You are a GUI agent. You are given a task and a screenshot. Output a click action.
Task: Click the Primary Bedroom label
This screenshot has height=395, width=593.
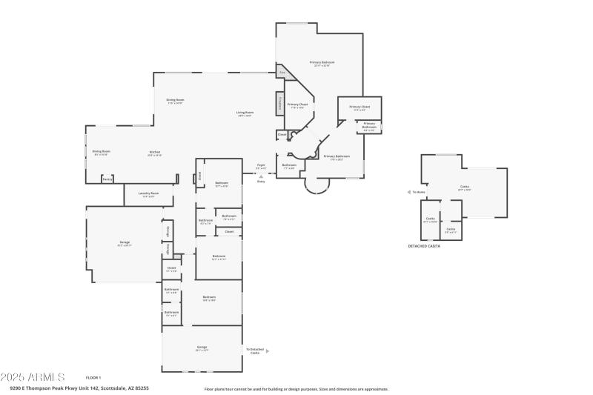click(322, 63)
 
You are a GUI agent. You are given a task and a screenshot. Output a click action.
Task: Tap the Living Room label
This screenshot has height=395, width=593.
click(245, 113)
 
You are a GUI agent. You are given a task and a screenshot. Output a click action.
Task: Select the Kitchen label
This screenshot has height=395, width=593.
click(154, 153)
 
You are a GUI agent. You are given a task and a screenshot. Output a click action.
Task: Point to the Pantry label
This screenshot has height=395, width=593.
click(107, 179)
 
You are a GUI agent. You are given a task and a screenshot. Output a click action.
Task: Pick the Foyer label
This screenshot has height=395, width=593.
click(261, 166)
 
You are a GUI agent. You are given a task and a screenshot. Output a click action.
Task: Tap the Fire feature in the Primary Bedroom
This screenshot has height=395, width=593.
click(282, 72)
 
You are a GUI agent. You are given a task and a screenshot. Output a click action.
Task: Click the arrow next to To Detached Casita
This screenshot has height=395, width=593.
click(268, 351)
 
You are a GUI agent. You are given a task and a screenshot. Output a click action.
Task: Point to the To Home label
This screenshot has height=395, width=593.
click(420, 192)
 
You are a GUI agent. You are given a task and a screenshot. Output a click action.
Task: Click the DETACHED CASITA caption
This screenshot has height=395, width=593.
click(424, 246)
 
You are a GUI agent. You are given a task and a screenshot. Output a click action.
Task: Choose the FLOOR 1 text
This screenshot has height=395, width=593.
click(93, 378)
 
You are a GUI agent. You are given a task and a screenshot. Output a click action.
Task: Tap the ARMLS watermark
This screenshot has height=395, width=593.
click(33, 377)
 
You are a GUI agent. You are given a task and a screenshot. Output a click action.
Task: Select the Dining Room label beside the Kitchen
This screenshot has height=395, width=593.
click(101, 152)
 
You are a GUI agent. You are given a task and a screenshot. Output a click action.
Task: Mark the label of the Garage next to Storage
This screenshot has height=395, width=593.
click(124, 244)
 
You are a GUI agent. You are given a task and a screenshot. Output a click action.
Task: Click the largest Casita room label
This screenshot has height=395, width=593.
click(464, 187)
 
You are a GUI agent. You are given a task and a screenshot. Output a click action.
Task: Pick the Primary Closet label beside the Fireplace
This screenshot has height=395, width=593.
click(297, 105)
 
